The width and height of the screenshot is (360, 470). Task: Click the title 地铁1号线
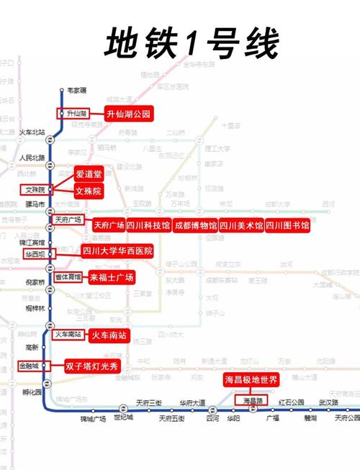(191, 45)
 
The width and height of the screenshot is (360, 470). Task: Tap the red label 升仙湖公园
(129, 114)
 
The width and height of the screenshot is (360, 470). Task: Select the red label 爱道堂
(89, 174)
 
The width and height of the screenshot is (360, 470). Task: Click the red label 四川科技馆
(148, 225)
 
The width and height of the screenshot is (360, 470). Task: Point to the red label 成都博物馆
(195, 225)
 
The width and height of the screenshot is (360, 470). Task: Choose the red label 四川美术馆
(240, 225)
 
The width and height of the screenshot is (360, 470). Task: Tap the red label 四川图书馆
(287, 225)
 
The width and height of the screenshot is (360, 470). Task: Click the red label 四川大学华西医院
(117, 251)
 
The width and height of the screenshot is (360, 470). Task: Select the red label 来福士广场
(112, 277)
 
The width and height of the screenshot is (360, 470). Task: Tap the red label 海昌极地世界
(256, 379)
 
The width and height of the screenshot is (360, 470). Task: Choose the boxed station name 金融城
(32, 366)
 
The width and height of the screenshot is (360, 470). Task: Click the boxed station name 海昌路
(255, 399)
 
